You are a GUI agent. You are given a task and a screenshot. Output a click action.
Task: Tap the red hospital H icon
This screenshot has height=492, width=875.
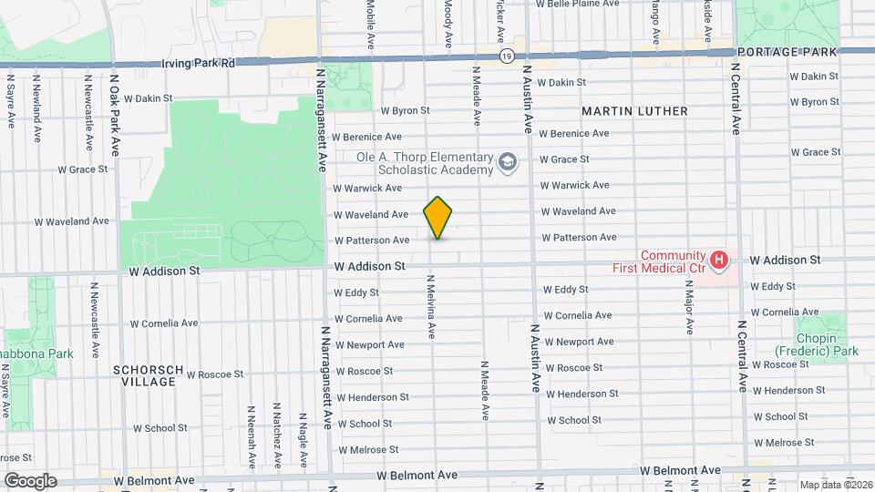(720, 261)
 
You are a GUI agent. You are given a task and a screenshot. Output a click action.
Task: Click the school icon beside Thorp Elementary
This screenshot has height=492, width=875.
(507, 163)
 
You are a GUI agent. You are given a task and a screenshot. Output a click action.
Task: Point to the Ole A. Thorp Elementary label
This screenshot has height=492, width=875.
(425, 163)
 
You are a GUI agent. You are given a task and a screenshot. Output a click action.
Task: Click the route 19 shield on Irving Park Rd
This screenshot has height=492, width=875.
(506, 56)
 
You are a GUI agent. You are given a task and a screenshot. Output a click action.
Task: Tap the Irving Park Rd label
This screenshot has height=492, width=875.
(199, 64)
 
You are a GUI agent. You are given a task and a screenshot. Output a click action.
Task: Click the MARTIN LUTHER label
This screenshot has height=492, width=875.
(635, 110)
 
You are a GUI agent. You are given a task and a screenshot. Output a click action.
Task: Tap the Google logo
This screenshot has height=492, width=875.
(29, 480)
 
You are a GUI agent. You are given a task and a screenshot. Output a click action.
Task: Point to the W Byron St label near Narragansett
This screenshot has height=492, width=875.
(405, 110)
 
